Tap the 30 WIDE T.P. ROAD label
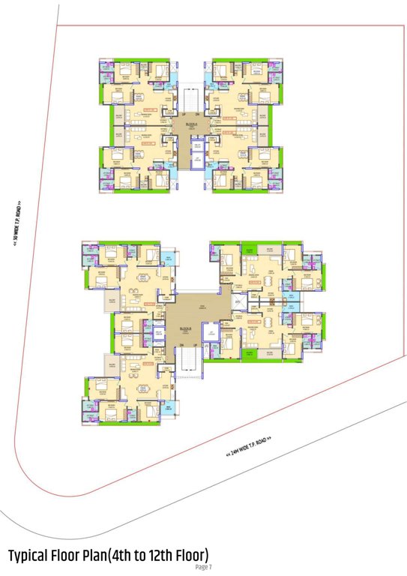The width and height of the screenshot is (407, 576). tap(16, 226)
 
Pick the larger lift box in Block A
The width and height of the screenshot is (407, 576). tap(197, 160)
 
